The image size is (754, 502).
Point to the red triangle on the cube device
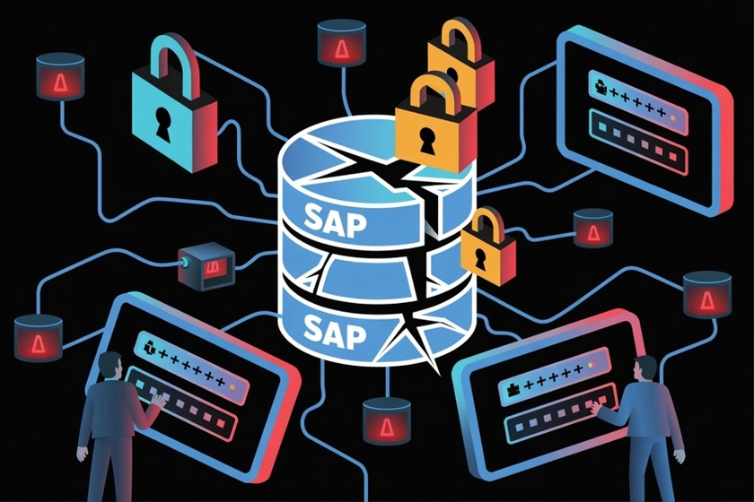[213, 268]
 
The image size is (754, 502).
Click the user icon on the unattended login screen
[599, 87]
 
